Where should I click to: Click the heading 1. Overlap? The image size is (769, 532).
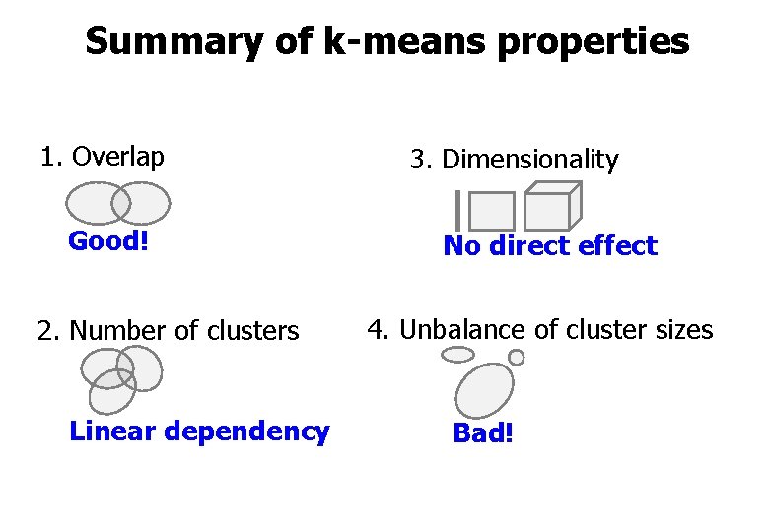pos(102,157)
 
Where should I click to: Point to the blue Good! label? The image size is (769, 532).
pos(108,241)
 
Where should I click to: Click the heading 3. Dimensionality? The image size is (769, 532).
pos(514,160)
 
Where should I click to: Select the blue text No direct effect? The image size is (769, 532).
pos(549,246)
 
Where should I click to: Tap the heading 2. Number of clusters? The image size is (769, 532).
pos(168,331)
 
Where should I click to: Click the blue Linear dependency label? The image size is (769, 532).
pos(199,432)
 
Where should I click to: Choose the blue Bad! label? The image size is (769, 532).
pos(482,433)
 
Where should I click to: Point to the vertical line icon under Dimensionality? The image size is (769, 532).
pos(458,209)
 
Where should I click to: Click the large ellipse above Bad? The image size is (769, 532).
pos(484,390)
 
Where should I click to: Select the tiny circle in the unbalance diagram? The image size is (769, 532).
pos(516,358)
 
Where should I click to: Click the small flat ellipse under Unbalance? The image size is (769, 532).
pos(457,355)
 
